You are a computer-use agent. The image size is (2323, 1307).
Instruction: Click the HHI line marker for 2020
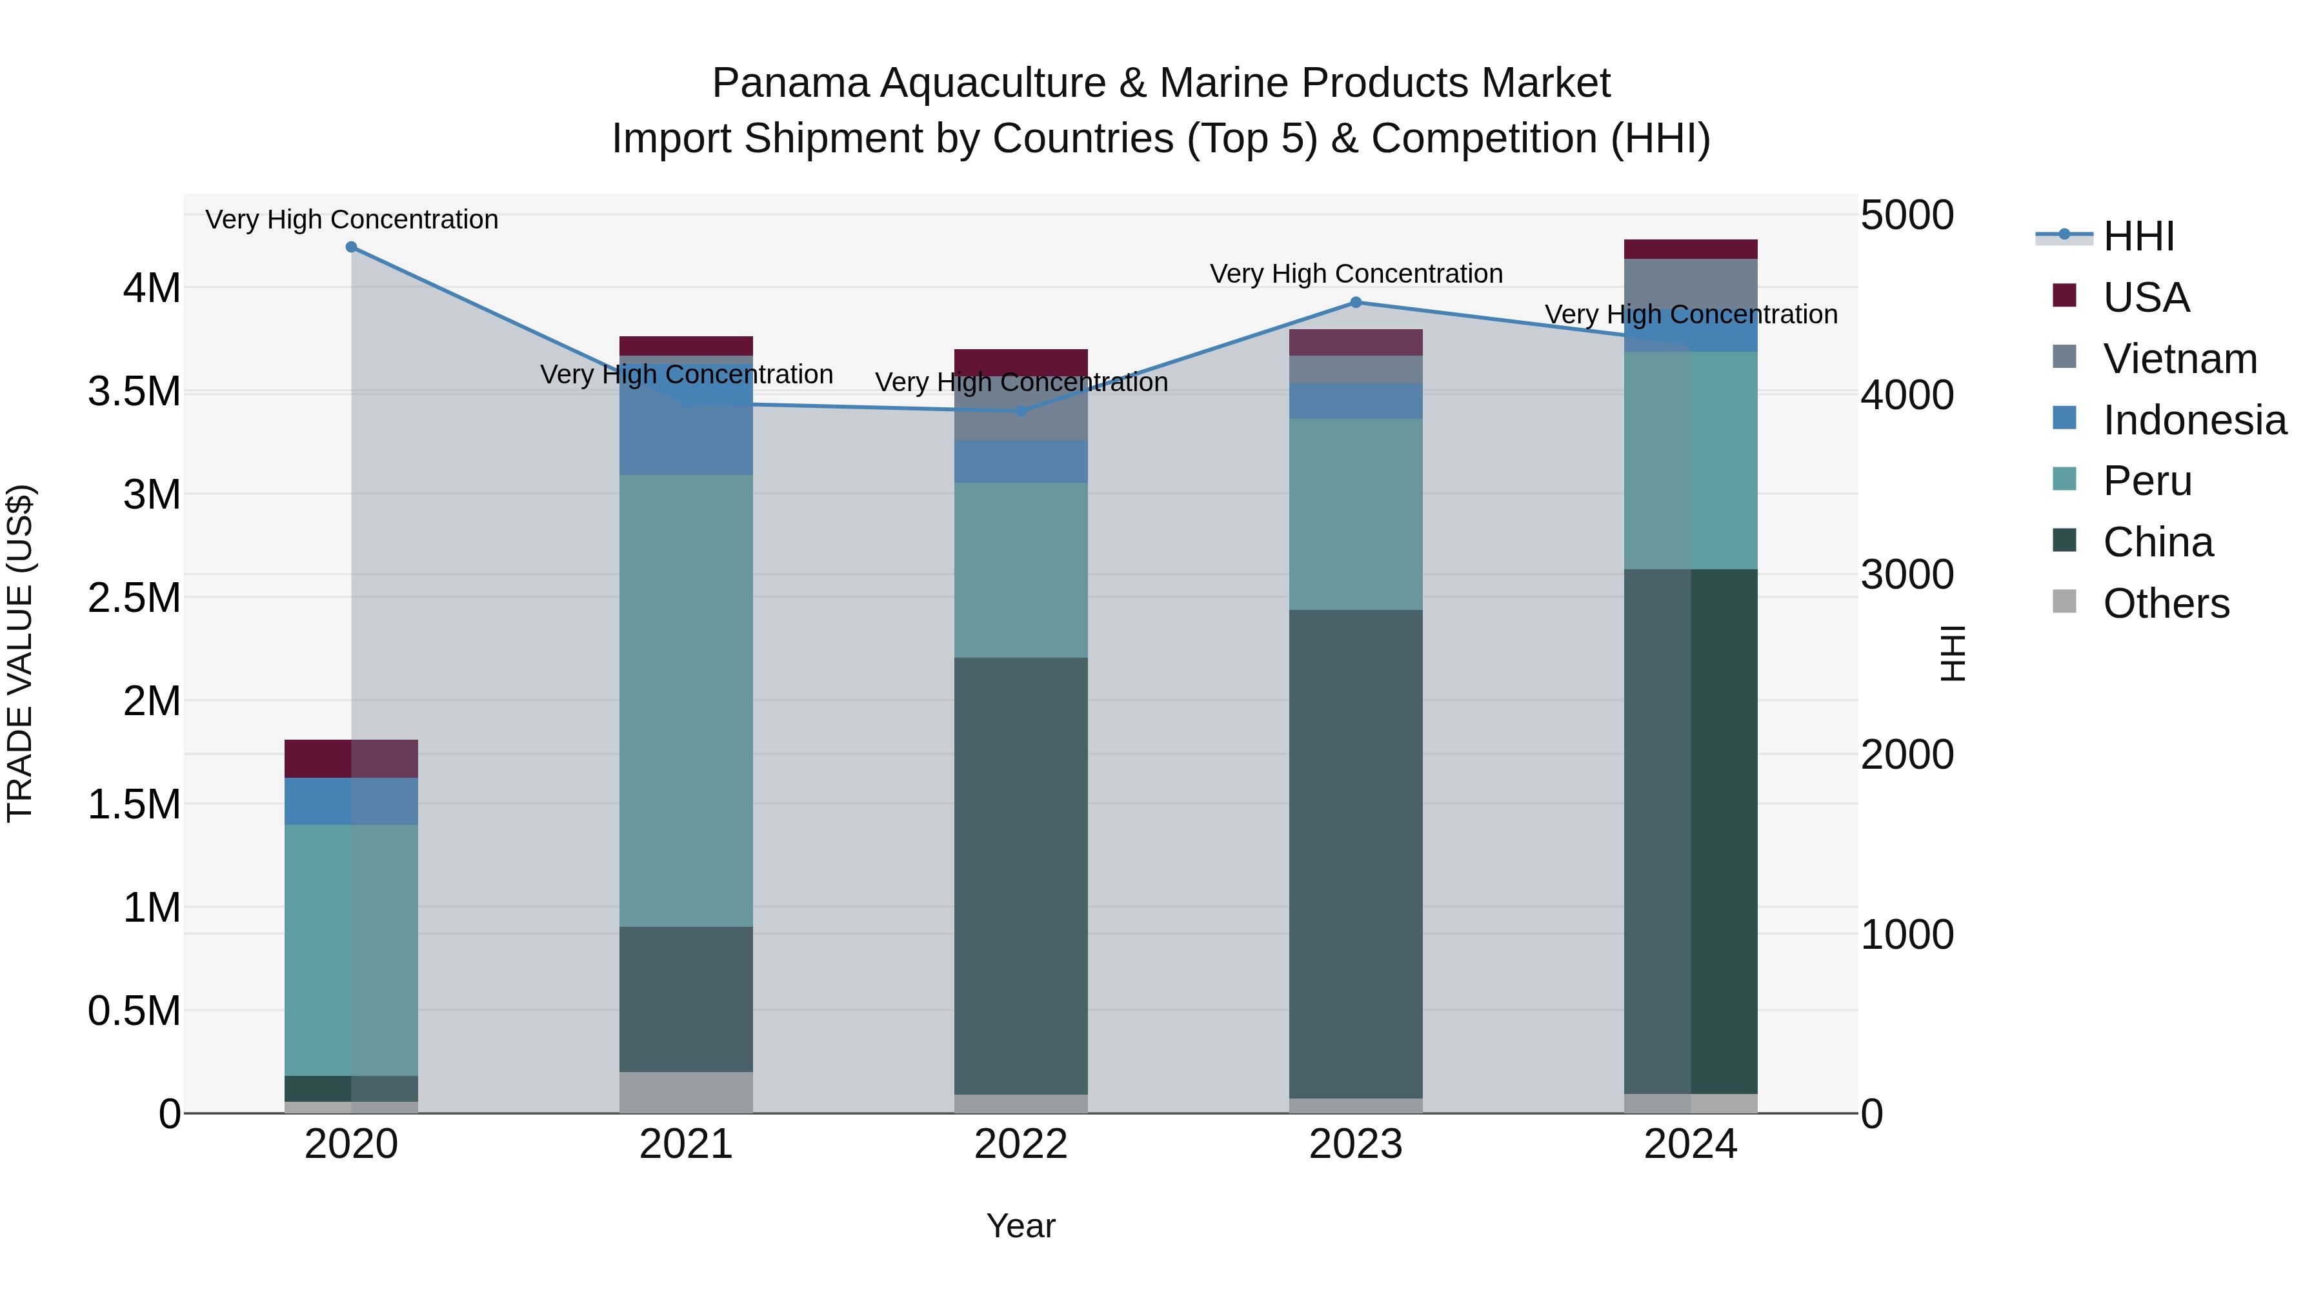[352, 247]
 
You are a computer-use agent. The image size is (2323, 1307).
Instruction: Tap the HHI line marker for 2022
[1021, 411]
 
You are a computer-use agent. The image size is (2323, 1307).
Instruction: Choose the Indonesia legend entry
[2193, 420]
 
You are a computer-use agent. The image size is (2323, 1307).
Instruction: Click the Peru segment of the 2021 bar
[687, 700]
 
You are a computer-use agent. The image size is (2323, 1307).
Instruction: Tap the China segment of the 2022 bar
[1021, 875]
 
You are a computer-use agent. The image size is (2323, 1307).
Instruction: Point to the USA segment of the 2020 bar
[352, 758]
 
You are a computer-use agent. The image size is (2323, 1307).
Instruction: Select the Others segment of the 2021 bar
[687, 1091]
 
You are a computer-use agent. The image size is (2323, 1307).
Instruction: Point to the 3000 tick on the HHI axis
[1906, 574]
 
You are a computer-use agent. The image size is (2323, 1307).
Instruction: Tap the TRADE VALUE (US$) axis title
[21, 653]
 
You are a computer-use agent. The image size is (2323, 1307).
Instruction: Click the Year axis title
[1020, 1226]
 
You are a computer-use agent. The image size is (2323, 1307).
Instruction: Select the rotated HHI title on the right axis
[1953, 653]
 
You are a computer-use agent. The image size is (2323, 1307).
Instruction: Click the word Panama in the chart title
[791, 83]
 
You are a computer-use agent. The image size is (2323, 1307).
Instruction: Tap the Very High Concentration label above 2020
[352, 219]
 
